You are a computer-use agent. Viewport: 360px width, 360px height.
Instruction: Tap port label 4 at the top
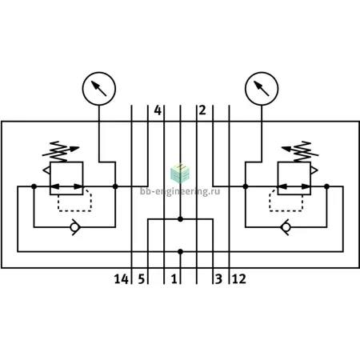pos(158,110)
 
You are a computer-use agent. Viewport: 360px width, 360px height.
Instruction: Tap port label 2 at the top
pos(202,110)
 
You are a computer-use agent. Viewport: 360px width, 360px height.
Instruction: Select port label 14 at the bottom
pos(122,279)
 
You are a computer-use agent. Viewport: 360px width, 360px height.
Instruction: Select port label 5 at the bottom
pos(142,279)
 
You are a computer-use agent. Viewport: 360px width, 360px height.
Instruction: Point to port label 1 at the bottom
pos(174,279)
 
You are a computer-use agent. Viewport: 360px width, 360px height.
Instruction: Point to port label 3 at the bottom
pos(218,279)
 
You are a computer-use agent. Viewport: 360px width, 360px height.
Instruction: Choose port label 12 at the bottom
pos(239,279)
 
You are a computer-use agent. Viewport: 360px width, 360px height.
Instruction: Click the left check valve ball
pos(74,227)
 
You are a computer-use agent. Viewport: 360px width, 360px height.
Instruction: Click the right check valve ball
pos(286,227)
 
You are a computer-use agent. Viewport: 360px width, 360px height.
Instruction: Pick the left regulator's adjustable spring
pos(61,151)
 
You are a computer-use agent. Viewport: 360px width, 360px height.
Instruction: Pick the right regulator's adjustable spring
pos(300,151)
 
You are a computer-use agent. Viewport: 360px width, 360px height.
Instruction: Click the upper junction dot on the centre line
pos(180,219)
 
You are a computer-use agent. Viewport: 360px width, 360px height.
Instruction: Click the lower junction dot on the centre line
pos(180,251)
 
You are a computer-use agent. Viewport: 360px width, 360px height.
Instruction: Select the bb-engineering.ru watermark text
pos(180,191)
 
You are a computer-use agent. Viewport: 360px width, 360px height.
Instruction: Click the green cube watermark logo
pos(180,174)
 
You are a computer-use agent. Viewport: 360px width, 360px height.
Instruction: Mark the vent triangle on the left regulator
pos(46,170)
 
